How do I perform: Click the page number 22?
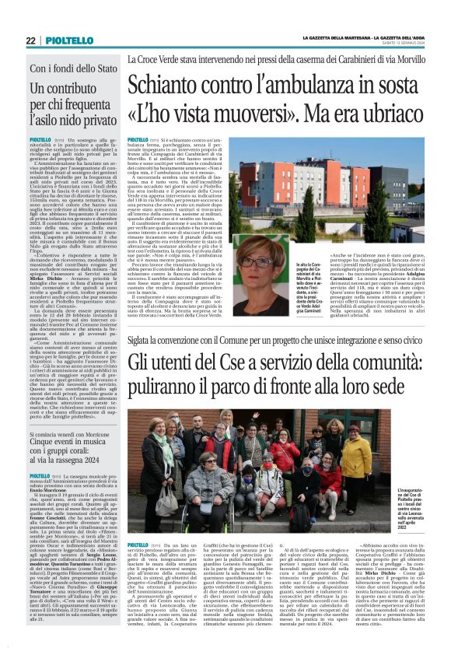(30, 40)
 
